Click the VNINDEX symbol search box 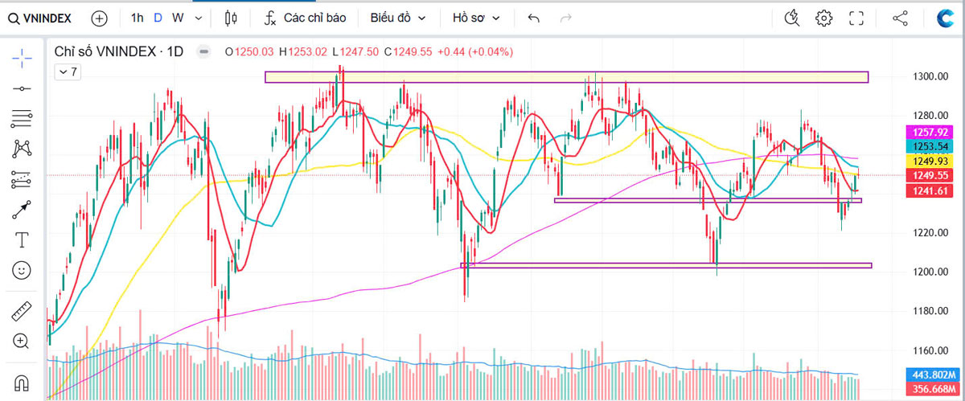pyautogui.click(x=40, y=18)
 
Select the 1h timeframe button pyautogui.click(x=138, y=18)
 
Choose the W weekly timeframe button pyautogui.click(x=177, y=18)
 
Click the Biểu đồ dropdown pyautogui.click(x=398, y=18)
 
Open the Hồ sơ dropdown pyautogui.click(x=476, y=18)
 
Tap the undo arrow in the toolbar pyautogui.click(x=534, y=18)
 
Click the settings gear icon pyautogui.click(x=823, y=18)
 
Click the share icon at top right pyautogui.click(x=900, y=18)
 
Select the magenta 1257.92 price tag pyautogui.click(x=928, y=132)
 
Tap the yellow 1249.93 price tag pyautogui.click(x=928, y=161)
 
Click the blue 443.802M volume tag pyautogui.click(x=931, y=374)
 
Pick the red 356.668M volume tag pyautogui.click(x=931, y=389)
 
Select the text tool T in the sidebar pyautogui.click(x=22, y=239)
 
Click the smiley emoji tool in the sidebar pyautogui.click(x=22, y=270)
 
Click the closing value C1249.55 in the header pyautogui.click(x=409, y=51)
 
